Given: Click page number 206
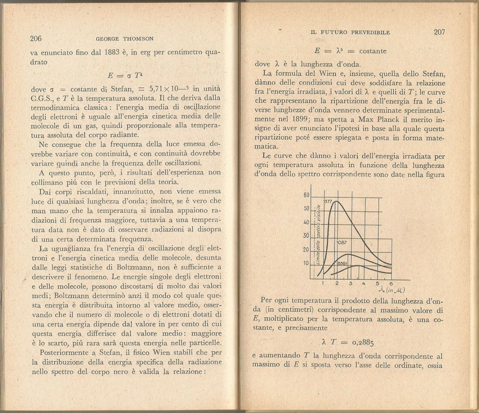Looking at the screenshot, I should click(36, 39).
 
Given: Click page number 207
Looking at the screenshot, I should click(439, 32).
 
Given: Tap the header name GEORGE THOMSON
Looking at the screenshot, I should click(125, 39).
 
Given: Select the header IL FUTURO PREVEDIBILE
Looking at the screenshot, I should click(350, 33).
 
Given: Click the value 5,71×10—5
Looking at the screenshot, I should click(168, 89).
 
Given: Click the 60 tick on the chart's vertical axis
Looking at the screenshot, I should click(306, 195).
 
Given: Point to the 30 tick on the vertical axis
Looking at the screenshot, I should click(306, 236).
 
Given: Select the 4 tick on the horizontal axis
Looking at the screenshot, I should click(363, 283).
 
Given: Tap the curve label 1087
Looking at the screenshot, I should click(342, 242).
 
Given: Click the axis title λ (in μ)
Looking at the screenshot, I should click(392, 290).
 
